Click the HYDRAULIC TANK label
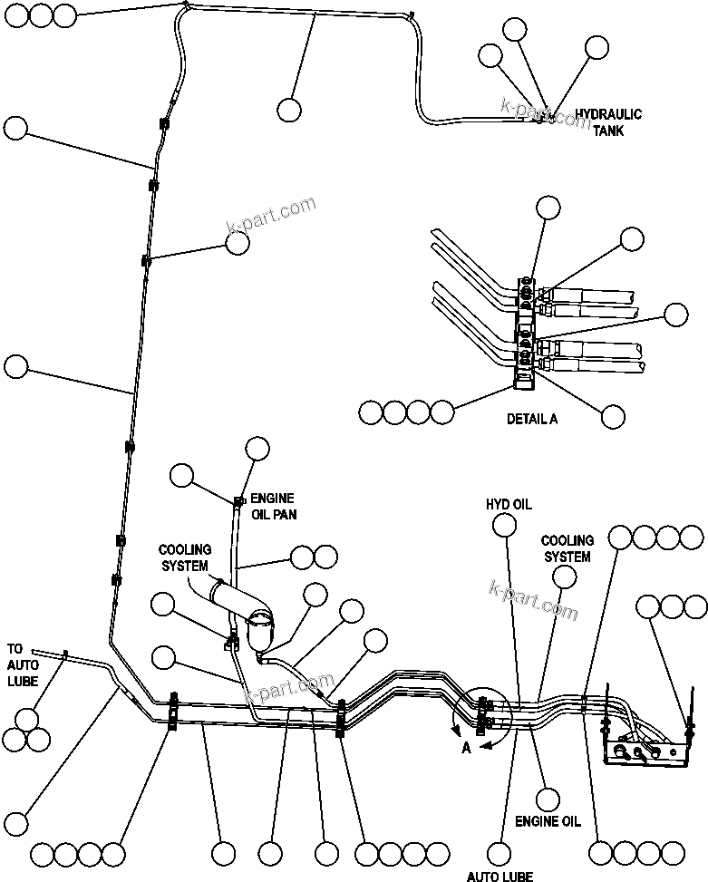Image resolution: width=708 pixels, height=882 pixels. [608, 122]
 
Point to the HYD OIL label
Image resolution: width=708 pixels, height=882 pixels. [509, 504]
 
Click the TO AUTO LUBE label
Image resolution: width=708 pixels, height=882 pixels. [23, 665]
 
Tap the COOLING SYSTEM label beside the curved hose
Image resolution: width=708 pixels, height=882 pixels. [185, 557]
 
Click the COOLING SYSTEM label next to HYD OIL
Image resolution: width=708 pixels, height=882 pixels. [567, 548]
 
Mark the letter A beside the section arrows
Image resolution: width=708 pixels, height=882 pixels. [466, 748]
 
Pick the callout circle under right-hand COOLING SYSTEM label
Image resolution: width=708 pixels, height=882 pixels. [565, 577]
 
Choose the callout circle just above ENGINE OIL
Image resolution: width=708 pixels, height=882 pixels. [548, 799]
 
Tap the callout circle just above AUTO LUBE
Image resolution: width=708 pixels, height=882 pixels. [499, 853]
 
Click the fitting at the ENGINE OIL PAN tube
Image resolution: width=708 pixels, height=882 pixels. [240, 500]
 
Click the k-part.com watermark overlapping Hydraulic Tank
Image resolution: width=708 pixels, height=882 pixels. [544, 112]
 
